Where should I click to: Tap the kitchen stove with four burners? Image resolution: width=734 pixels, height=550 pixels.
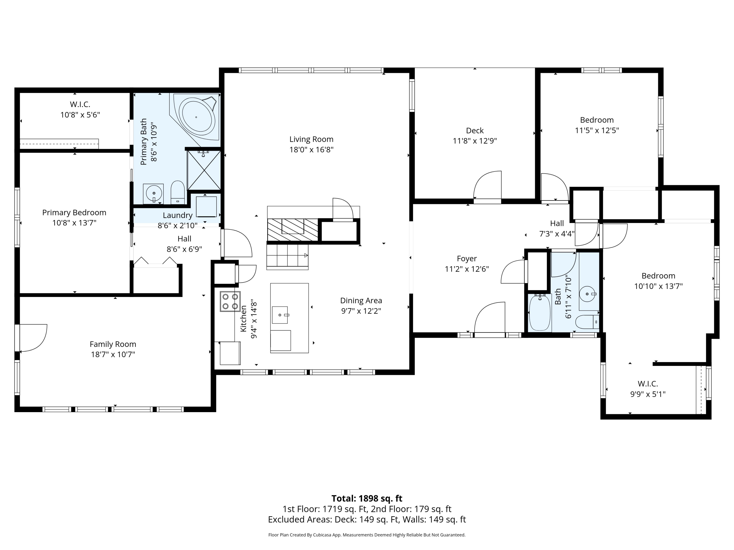pyautogui.click(x=230, y=301)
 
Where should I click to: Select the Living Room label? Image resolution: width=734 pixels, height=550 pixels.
pyautogui.click(x=311, y=139)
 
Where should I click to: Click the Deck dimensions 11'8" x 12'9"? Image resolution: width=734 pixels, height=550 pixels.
pyautogui.click(x=475, y=141)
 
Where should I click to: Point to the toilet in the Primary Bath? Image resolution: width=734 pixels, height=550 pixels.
pyautogui.click(x=178, y=192)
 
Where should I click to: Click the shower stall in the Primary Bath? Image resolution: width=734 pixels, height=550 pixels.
pyautogui.click(x=204, y=170)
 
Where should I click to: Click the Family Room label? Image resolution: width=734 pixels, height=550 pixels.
pyautogui.click(x=113, y=344)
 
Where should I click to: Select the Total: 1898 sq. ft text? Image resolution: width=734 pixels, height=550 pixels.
pyautogui.click(x=367, y=498)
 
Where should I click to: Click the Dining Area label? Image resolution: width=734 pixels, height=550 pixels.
pyautogui.click(x=361, y=300)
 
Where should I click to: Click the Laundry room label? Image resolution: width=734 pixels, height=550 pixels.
pyautogui.click(x=178, y=215)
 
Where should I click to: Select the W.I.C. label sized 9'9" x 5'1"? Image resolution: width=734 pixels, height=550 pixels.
pyautogui.click(x=648, y=384)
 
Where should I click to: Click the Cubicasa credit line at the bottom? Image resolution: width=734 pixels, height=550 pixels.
pyautogui.click(x=367, y=535)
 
